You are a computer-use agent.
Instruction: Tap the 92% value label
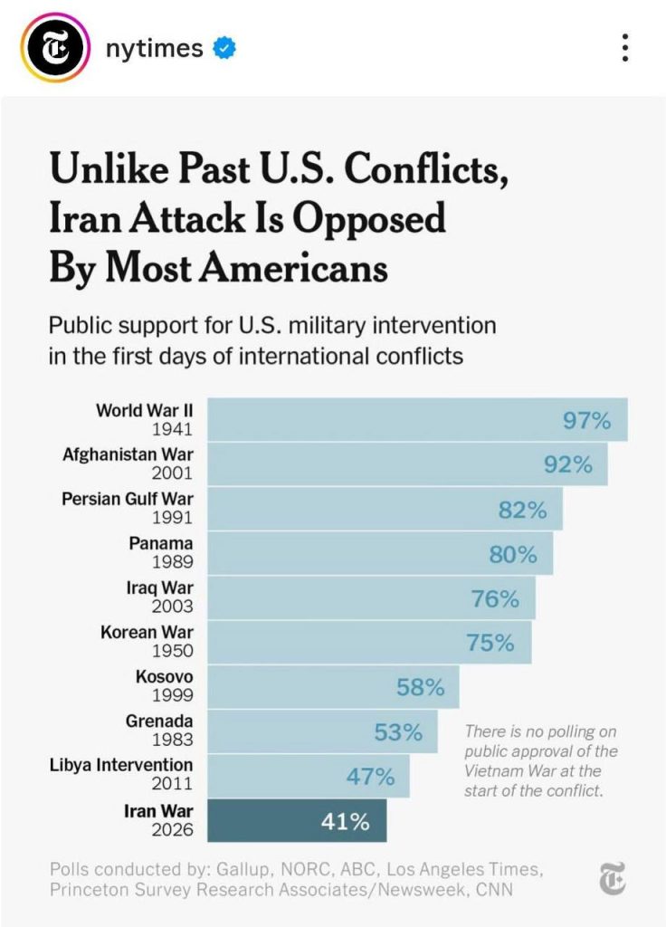click(x=568, y=465)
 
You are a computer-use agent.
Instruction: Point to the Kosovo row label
click(x=164, y=676)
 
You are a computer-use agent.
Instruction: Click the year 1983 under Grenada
click(x=172, y=740)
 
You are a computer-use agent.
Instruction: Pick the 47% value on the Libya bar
click(x=370, y=777)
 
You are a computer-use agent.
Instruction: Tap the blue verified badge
click(x=224, y=48)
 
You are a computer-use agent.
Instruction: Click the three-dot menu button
click(x=625, y=48)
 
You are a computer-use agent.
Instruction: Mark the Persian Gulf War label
click(x=128, y=499)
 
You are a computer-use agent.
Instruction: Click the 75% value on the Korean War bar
click(x=490, y=644)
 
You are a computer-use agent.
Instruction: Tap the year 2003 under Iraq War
click(x=172, y=606)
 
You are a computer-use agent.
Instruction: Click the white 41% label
click(x=346, y=822)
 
